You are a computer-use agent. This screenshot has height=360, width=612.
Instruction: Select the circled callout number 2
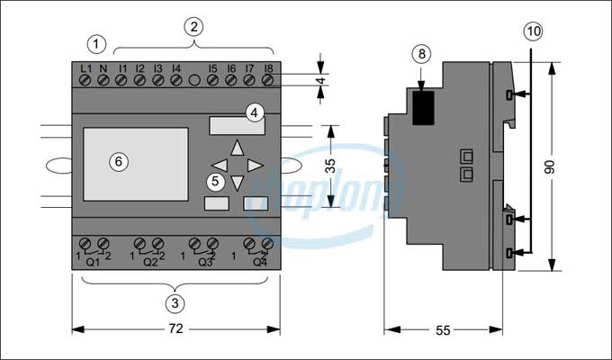192,25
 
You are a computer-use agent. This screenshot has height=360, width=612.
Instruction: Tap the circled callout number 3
176,302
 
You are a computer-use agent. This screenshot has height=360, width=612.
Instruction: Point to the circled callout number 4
255,113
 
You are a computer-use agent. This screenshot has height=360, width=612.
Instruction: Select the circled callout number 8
421,54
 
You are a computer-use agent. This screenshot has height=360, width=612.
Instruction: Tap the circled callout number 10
533,31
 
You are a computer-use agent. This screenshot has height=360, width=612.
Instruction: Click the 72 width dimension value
176,329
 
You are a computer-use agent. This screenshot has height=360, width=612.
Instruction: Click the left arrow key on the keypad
219,166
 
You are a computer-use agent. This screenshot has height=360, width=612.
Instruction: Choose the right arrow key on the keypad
255,166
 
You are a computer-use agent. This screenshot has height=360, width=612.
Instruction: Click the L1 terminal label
85,67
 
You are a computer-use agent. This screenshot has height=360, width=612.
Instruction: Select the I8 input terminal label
268,67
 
